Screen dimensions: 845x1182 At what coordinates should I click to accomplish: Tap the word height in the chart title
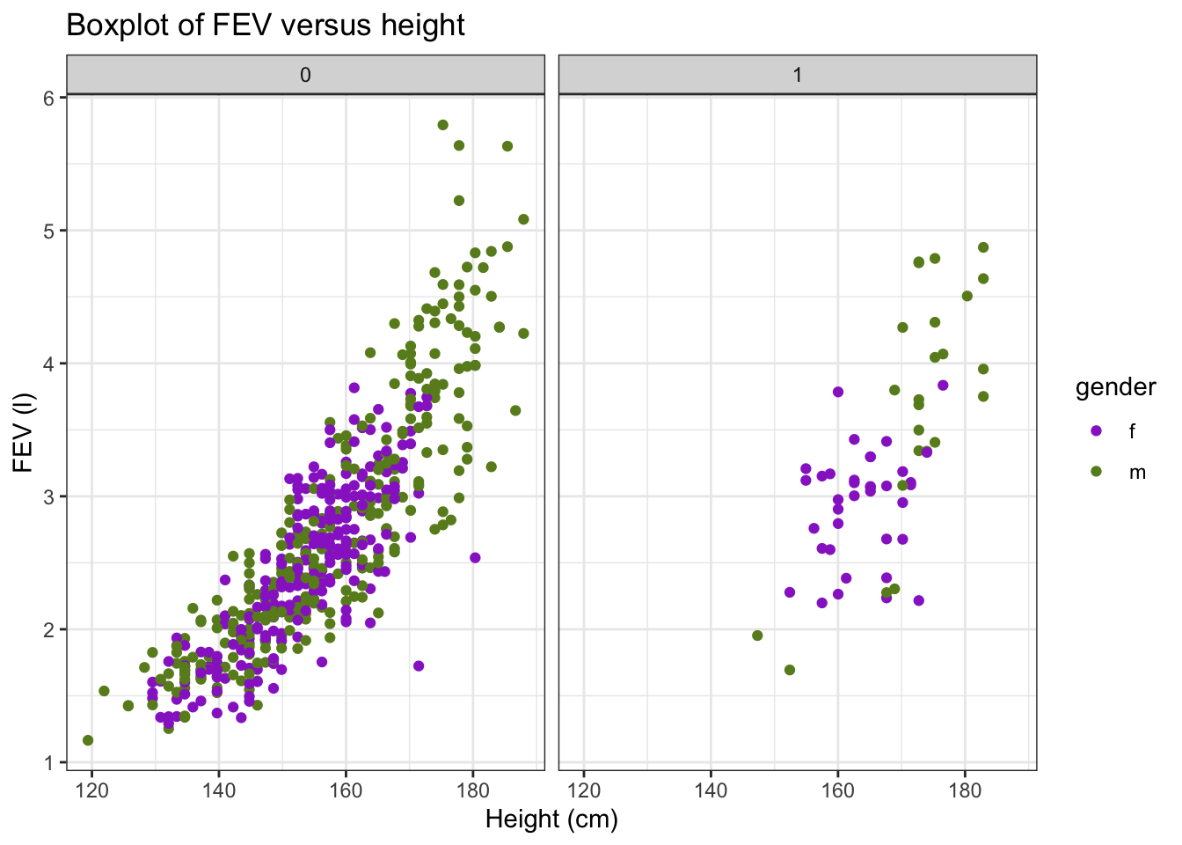pos(423,26)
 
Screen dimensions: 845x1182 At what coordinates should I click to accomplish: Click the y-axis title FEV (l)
pos(23,431)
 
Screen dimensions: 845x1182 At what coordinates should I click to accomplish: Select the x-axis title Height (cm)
pos(551,819)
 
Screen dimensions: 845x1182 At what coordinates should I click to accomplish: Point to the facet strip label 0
pos(305,75)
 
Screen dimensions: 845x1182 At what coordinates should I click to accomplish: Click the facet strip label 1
pos(798,75)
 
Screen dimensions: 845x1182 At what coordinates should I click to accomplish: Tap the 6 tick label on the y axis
pos(49,98)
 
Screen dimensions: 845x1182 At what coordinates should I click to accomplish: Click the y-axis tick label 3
pos(49,496)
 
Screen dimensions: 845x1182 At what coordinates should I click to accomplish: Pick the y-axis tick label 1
pos(49,762)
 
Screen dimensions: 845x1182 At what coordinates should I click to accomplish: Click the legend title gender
pos(1115,387)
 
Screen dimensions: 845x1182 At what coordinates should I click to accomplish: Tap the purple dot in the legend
pos(1096,431)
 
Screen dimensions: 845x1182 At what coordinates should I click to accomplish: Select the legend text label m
pos(1137,473)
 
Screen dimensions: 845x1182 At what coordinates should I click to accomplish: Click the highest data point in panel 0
pos(442,125)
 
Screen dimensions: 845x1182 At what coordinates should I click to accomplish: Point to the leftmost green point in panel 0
pos(88,740)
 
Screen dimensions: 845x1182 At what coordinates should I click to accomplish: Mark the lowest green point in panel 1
pos(790,670)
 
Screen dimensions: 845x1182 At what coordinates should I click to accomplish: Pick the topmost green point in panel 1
pos(983,247)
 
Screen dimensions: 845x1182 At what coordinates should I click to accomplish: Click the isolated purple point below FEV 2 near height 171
pos(419,665)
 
